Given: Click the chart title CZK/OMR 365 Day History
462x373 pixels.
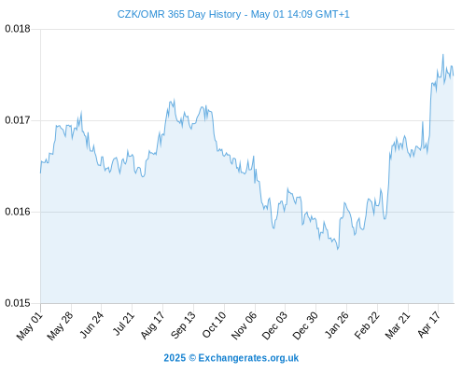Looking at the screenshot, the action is coord(179,14).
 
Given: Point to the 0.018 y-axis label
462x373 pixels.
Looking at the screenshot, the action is coord(18,29).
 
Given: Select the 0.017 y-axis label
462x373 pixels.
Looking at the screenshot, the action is coord(18,120).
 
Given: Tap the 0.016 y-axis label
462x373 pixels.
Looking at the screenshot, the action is coord(18,212).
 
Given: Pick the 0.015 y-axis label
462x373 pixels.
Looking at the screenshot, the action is coord(18,303).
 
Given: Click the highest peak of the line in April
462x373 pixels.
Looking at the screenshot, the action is coord(442,55).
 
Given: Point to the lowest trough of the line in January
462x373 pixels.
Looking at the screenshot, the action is coord(338,249).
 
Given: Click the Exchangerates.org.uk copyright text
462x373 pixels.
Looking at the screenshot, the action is coord(231,358).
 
